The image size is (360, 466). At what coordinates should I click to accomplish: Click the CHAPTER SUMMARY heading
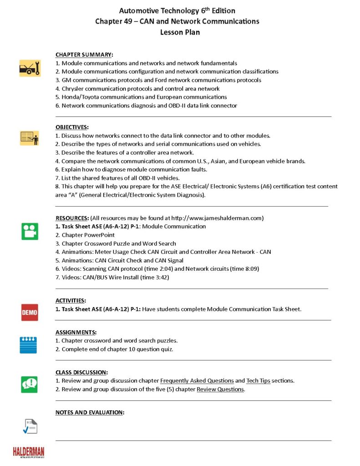click(84, 55)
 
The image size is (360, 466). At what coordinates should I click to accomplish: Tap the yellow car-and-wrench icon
click(30, 68)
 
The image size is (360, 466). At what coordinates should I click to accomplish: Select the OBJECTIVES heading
click(72, 127)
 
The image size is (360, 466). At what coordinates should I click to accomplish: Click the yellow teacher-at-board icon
click(30, 137)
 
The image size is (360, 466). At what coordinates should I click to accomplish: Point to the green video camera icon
click(30, 231)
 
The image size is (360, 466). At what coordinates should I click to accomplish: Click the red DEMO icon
click(30, 312)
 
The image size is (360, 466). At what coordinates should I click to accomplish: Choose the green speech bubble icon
click(30, 384)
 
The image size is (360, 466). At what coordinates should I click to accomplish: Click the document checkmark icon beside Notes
click(30, 426)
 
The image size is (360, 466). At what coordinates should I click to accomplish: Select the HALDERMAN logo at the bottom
click(28, 451)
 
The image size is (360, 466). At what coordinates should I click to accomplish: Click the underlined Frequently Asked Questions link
click(197, 380)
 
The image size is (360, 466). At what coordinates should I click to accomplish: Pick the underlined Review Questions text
click(221, 389)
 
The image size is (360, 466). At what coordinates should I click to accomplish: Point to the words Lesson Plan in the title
click(180, 32)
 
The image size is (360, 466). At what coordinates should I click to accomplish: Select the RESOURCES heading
click(72, 218)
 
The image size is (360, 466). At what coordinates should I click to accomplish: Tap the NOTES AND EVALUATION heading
click(90, 412)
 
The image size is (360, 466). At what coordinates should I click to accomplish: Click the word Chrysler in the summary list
click(73, 89)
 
